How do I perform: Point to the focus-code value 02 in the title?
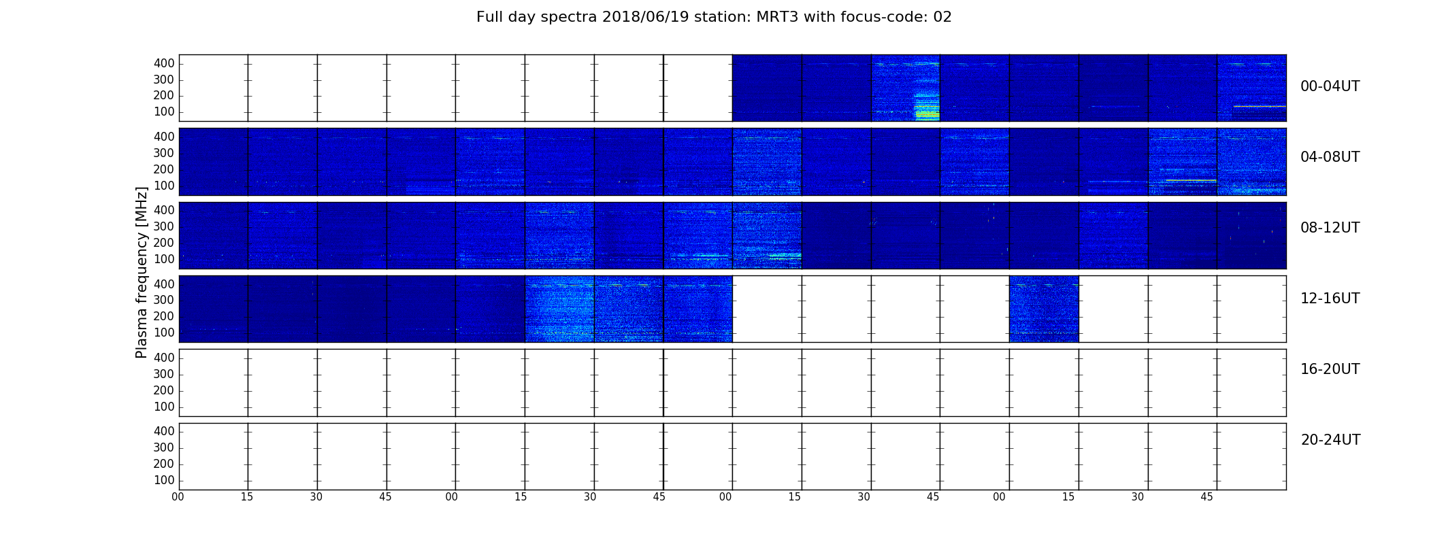(942, 17)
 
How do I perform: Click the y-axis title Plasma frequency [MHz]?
(142, 272)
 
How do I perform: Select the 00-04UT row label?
(1330, 86)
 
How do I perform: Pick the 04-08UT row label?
(1330, 157)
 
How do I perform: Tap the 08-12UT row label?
(1330, 228)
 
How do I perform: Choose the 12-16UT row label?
(1330, 299)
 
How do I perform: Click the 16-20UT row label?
(1330, 369)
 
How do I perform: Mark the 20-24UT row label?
(1330, 440)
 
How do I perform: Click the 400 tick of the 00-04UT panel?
(164, 63)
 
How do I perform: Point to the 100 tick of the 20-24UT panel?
(164, 480)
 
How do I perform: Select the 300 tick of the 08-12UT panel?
(164, 226)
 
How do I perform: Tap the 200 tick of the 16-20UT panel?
(164, 390)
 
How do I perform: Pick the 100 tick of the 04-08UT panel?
(164, 186)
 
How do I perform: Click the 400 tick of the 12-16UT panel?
(164, 284)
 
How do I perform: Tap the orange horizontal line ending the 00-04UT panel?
(1260, 106)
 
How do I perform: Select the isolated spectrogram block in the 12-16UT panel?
(1044, 309)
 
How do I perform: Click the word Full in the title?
(489, 17)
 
